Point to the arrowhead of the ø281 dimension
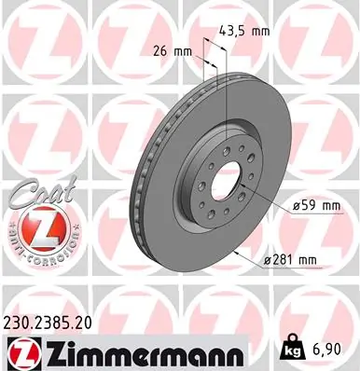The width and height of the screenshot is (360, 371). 240,253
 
